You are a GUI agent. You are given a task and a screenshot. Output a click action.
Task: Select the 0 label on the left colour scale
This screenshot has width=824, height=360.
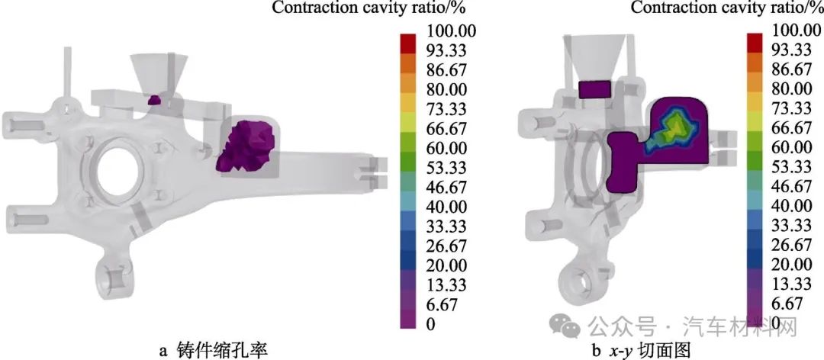click(x=430, y=324)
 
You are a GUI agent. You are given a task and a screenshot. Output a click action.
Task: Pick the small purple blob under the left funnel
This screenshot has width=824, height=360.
click(x=153, y=99)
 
